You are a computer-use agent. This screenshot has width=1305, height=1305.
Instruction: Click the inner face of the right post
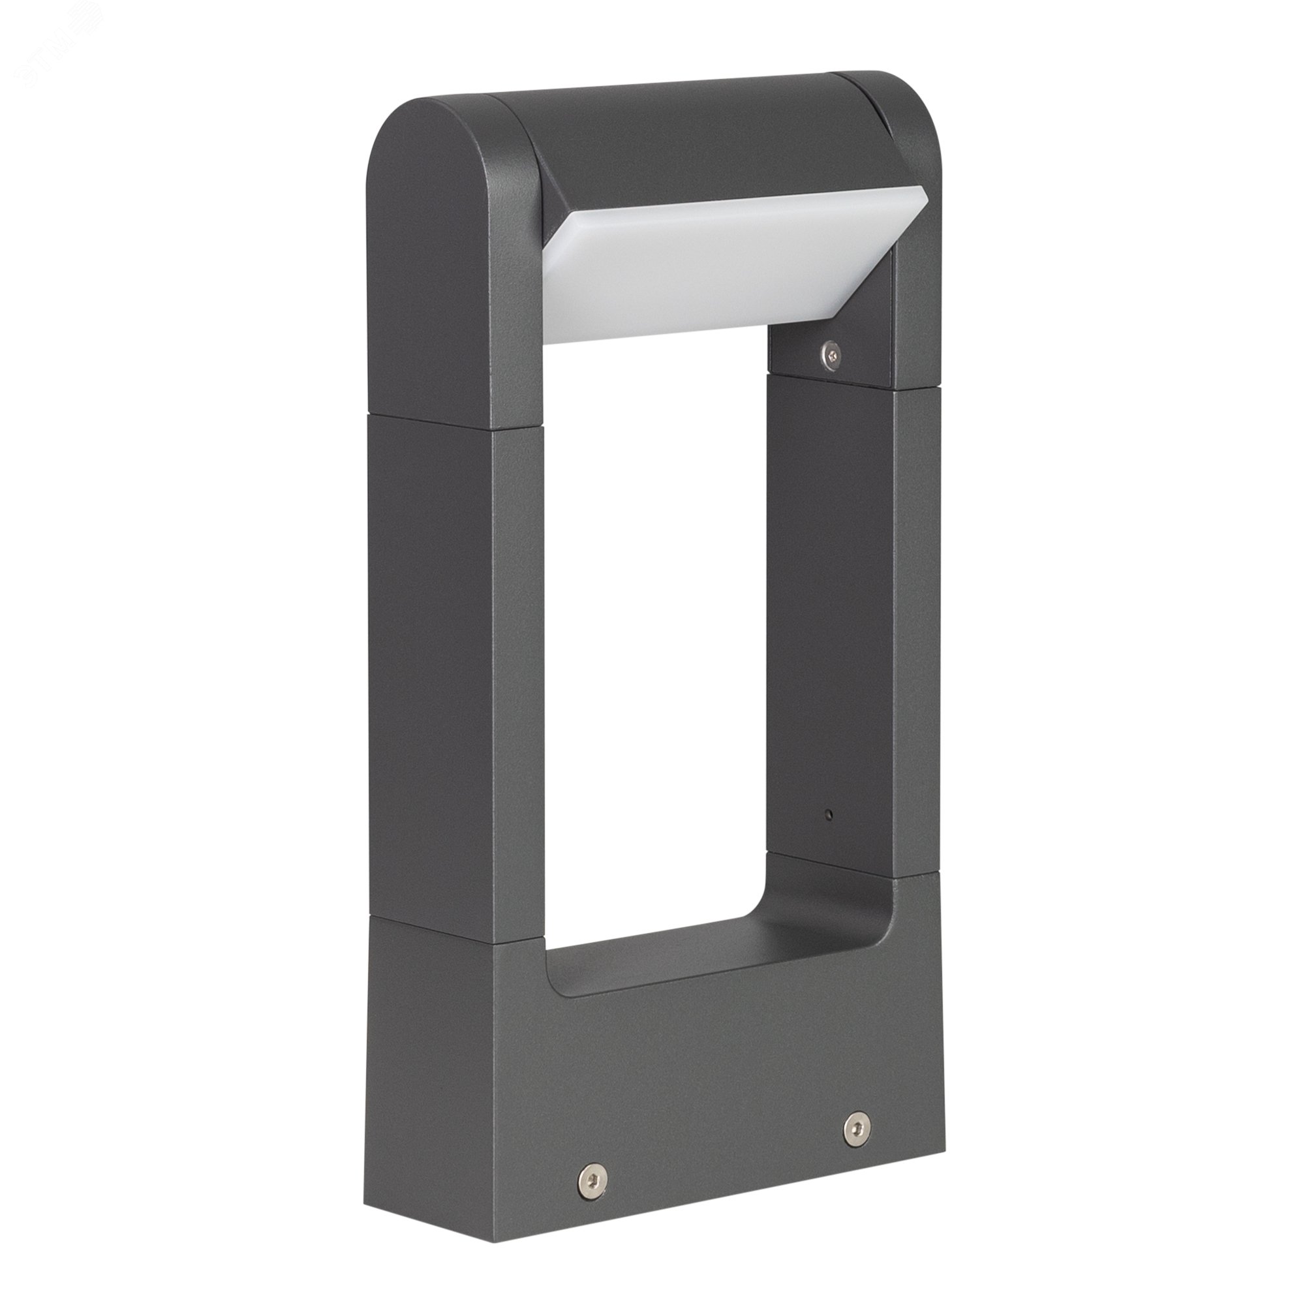[831, 608]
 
